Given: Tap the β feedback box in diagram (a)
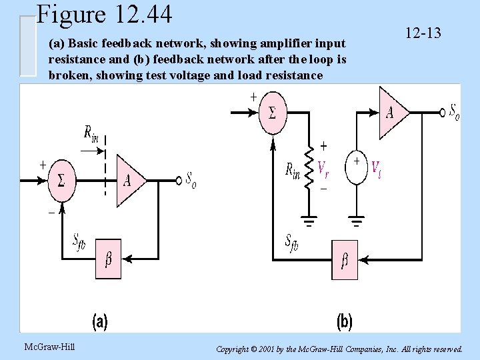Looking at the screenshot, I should coord(109,258).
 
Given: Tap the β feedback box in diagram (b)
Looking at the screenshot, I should coord(344,260).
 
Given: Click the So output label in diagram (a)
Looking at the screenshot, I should coord(191,180).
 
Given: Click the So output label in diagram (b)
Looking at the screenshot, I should coord(454,111).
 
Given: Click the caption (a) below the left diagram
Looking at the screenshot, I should coord(100,322).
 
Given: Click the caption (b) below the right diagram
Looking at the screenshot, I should coord(343,322).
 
